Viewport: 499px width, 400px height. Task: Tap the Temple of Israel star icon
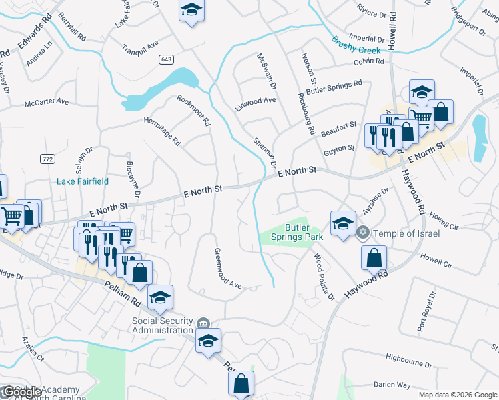pyautogui.click(x=363, y=233)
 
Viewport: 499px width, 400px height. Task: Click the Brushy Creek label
pyautogui.click(x=356, y=44)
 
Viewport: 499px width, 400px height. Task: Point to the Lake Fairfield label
pyautogui.click(x=83, y=181)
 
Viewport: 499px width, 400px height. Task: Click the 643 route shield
pyautogui.click(x=167, y=59)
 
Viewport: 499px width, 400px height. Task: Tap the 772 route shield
pyautogui.click(x=47, y=159)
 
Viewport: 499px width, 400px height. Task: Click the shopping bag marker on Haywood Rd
pyautogui.click(x=375, y=257)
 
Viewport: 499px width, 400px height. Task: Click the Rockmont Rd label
pyautogui.click(x=194, y=111)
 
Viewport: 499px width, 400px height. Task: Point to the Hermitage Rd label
pyautogui.click(x=163, y=131)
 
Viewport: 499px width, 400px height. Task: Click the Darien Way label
pyautogui.click(x=392, y=385)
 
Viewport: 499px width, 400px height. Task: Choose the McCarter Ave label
pyautogui.click(x=47, y=102)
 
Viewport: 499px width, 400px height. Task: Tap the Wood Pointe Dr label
pyautogui.click(x=324, y=276)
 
